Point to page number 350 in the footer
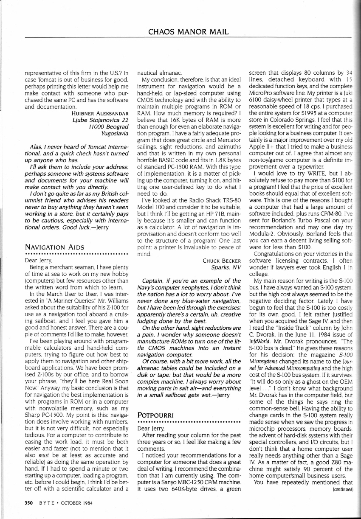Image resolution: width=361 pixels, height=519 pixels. [x=28, y=503]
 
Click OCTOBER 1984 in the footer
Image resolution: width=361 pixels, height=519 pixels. [x=75, y=503]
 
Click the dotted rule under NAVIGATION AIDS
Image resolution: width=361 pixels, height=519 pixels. [x=75, y=254]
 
